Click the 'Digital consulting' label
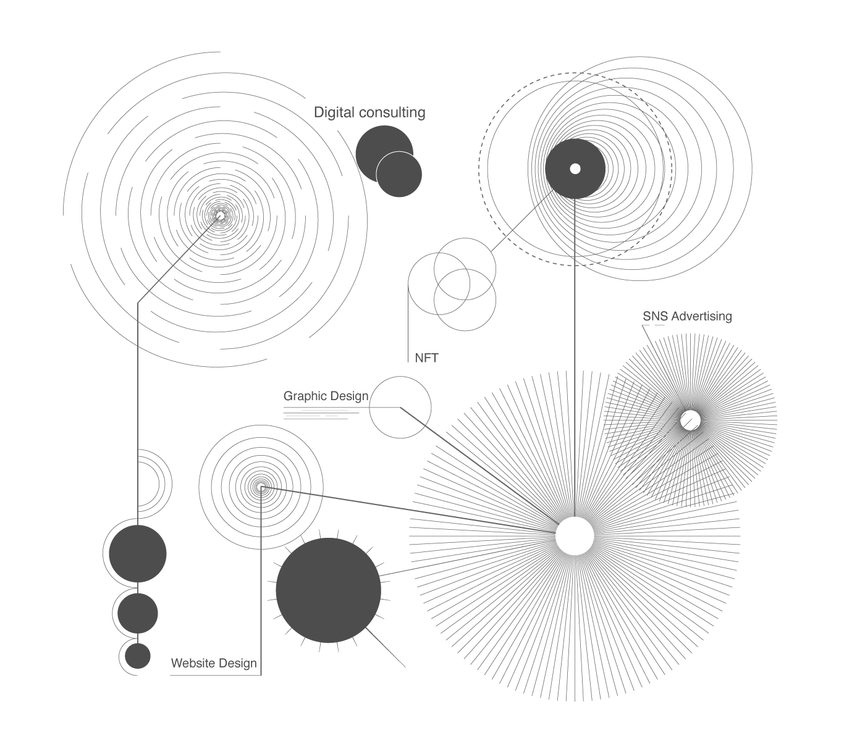pyautogui.click(x=369, y=112)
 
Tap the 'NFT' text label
pyautogui.click(x=426, y=358)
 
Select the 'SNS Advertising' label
pyautogui.click(x=687, y=316)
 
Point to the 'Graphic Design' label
pyautogui.click(x=326, y=396)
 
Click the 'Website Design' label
pyautogui.click(x=214, y=663)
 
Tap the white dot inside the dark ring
pyautogui.click(x=575, y=169)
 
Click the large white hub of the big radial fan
pyautogui.click(x=575, y=535)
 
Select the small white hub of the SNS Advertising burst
pyautogui.click(x=691, y=421)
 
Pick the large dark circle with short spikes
pyautogui.click(x=329, y=590)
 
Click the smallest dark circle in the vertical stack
pyautogui.click(x=138, y=656)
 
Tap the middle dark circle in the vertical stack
pyautogui.click(x=138, y=613)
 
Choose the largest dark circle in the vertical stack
pyautogui.click(x=138, y=554)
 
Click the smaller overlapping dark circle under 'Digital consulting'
pyautogui.click(x=399, y=174)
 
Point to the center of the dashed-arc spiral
pyautogui.click(x=220, y=216)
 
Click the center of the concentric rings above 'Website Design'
pyautogui.click(x=261, y=487)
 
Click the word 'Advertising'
pyautogui.click(x=701, y=317)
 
